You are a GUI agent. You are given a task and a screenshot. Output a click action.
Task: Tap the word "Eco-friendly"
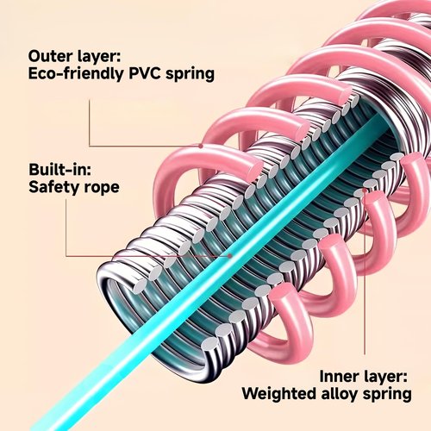pos(76,73)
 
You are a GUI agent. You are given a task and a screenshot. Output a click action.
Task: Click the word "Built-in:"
pos(60,170)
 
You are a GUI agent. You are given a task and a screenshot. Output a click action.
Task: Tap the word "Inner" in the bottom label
pos(337,376)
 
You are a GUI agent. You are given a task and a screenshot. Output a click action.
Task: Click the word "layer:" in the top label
pos(99,58)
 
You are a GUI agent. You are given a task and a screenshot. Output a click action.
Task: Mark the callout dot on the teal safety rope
pos(230,255)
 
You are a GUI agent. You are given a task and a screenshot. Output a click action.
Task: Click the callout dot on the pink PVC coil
pos(201,146)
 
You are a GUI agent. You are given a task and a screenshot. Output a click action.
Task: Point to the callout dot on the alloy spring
pos(365,191)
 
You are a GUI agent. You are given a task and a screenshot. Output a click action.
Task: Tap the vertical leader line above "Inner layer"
pos(365,273)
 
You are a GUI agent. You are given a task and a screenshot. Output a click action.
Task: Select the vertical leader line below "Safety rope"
pos(66,228)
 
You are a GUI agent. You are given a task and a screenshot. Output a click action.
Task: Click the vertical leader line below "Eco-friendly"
pos(90,123)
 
